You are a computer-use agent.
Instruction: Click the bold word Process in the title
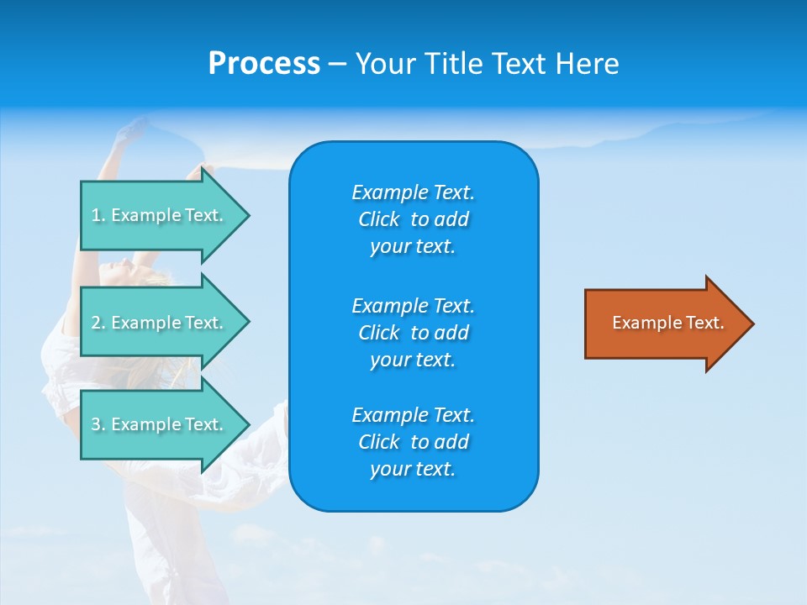(x=264, y=64)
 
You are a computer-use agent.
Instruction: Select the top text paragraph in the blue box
(x=413, y=219)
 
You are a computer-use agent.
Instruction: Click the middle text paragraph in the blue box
(x=413, y=333)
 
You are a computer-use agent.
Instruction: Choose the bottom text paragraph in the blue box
(x=413, y=442)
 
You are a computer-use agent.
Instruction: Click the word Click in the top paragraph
(x=379, y=219)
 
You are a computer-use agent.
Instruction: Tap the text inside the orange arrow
(x=667, y=323)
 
